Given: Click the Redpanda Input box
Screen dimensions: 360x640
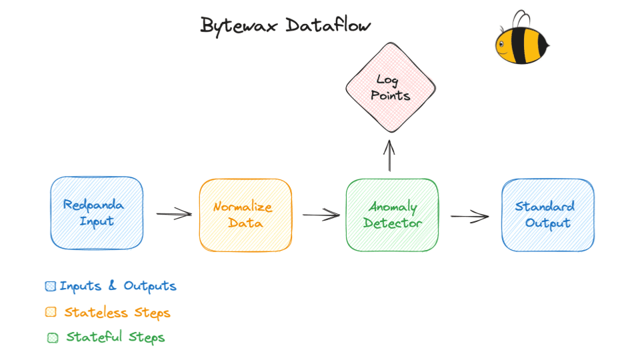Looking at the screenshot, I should coord(97,213).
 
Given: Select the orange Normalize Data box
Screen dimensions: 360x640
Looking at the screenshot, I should coord(245,215).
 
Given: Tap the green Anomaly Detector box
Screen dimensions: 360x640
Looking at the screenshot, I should coord(392,215).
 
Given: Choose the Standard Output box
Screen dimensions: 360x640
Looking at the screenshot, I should coord(547,215).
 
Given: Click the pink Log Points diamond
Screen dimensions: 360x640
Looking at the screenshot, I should coord(391,87).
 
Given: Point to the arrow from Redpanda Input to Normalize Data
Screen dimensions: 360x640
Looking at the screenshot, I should coord(174,214).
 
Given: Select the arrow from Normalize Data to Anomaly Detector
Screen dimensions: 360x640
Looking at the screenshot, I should coord(321,215).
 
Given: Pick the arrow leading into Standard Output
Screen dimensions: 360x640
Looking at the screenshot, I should coord(469,216).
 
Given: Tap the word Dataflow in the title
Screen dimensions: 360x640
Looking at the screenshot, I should coord(329,26).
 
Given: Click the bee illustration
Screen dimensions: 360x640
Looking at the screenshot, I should coord(522,41).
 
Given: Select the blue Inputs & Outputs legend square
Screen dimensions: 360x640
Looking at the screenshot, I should coord(51,287).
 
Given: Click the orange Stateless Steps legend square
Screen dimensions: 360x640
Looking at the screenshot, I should coord(51,312).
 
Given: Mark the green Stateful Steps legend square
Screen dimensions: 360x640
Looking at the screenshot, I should coord(53,337).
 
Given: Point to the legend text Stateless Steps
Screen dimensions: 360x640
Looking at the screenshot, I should coord(117,312).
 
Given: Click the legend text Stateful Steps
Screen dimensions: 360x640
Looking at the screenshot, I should coord(115,337).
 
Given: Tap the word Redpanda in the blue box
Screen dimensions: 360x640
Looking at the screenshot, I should coord(93,205).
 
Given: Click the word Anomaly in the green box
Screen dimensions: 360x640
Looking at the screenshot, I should coord(393,207).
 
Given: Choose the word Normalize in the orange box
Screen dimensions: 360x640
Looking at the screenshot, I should coord(243,207).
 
